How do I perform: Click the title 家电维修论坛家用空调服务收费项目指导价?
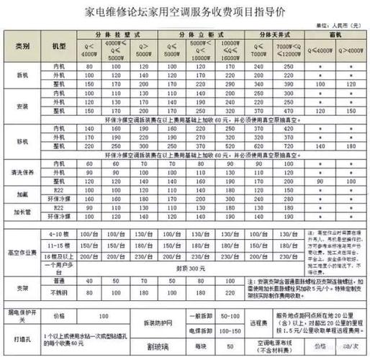(185, 12)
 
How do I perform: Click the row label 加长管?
(23, 211)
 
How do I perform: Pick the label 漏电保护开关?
(23, 315)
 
